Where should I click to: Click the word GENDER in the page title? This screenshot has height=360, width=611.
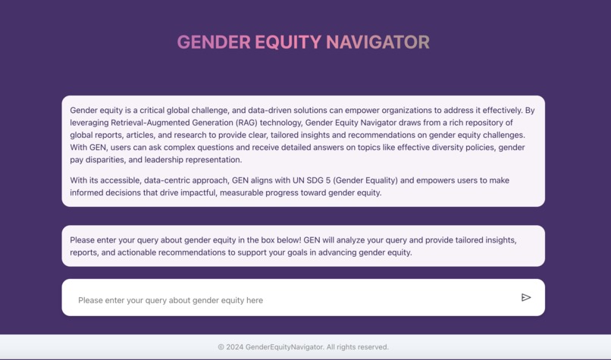tap(213, 42)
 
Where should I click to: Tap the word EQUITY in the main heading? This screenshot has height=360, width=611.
tap(288, 42)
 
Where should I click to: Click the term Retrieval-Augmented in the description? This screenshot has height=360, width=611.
tap(152, 123)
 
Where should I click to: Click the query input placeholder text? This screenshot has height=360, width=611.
tap(171, 300)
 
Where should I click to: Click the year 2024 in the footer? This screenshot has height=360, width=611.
tap(235, 347)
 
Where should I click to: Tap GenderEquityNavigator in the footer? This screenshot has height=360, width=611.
tap(285, 347)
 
